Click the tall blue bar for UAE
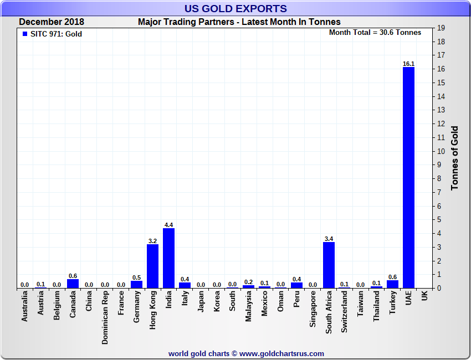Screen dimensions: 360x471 tap(408, 177)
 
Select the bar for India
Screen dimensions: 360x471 tap(168, 258)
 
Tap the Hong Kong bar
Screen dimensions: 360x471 tap(152, 266)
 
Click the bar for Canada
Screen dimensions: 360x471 tap(73, 284)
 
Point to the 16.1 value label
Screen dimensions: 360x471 tap(408, 64)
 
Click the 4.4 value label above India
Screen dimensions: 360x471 tap(168, 225)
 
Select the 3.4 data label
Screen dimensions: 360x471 tap(329, 239)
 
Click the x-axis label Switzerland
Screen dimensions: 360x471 tap(345, 312)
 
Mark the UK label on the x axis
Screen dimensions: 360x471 tap(424, 297)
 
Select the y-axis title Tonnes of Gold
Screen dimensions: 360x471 tap(454, 158)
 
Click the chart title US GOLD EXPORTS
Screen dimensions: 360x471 tap(235, 8)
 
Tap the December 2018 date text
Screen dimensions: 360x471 tap(52, 22)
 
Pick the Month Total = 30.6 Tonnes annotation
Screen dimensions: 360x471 tap(375, 33)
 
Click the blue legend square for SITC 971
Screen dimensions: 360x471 tap(24, 34)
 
